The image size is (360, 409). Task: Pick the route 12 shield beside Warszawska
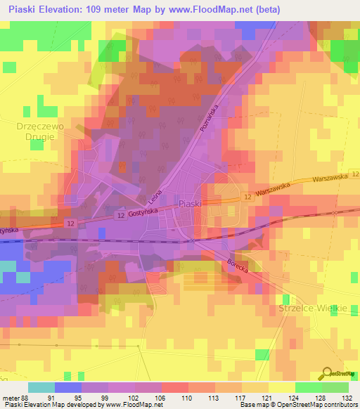(246, 199)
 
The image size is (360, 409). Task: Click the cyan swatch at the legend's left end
(41, 387)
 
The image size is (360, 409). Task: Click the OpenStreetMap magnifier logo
(326, 374)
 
